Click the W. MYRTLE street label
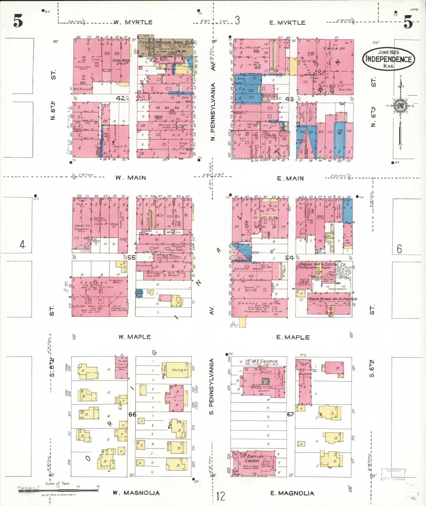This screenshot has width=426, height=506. point(133,22)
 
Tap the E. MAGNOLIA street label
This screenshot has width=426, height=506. point(292,493)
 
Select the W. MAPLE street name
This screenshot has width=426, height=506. point(134,337)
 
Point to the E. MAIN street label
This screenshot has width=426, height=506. point(290,179)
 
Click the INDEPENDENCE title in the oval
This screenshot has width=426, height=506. point(388,59)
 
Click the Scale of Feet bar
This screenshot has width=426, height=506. point(58,490)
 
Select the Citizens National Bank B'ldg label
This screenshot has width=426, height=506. point(167,42)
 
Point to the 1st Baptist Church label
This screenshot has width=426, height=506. point(252,459)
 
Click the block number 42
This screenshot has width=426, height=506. point(121,98)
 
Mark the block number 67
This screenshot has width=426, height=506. point(291,414)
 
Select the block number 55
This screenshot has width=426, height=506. point(131,257)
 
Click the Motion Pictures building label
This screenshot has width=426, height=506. point(173,125)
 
